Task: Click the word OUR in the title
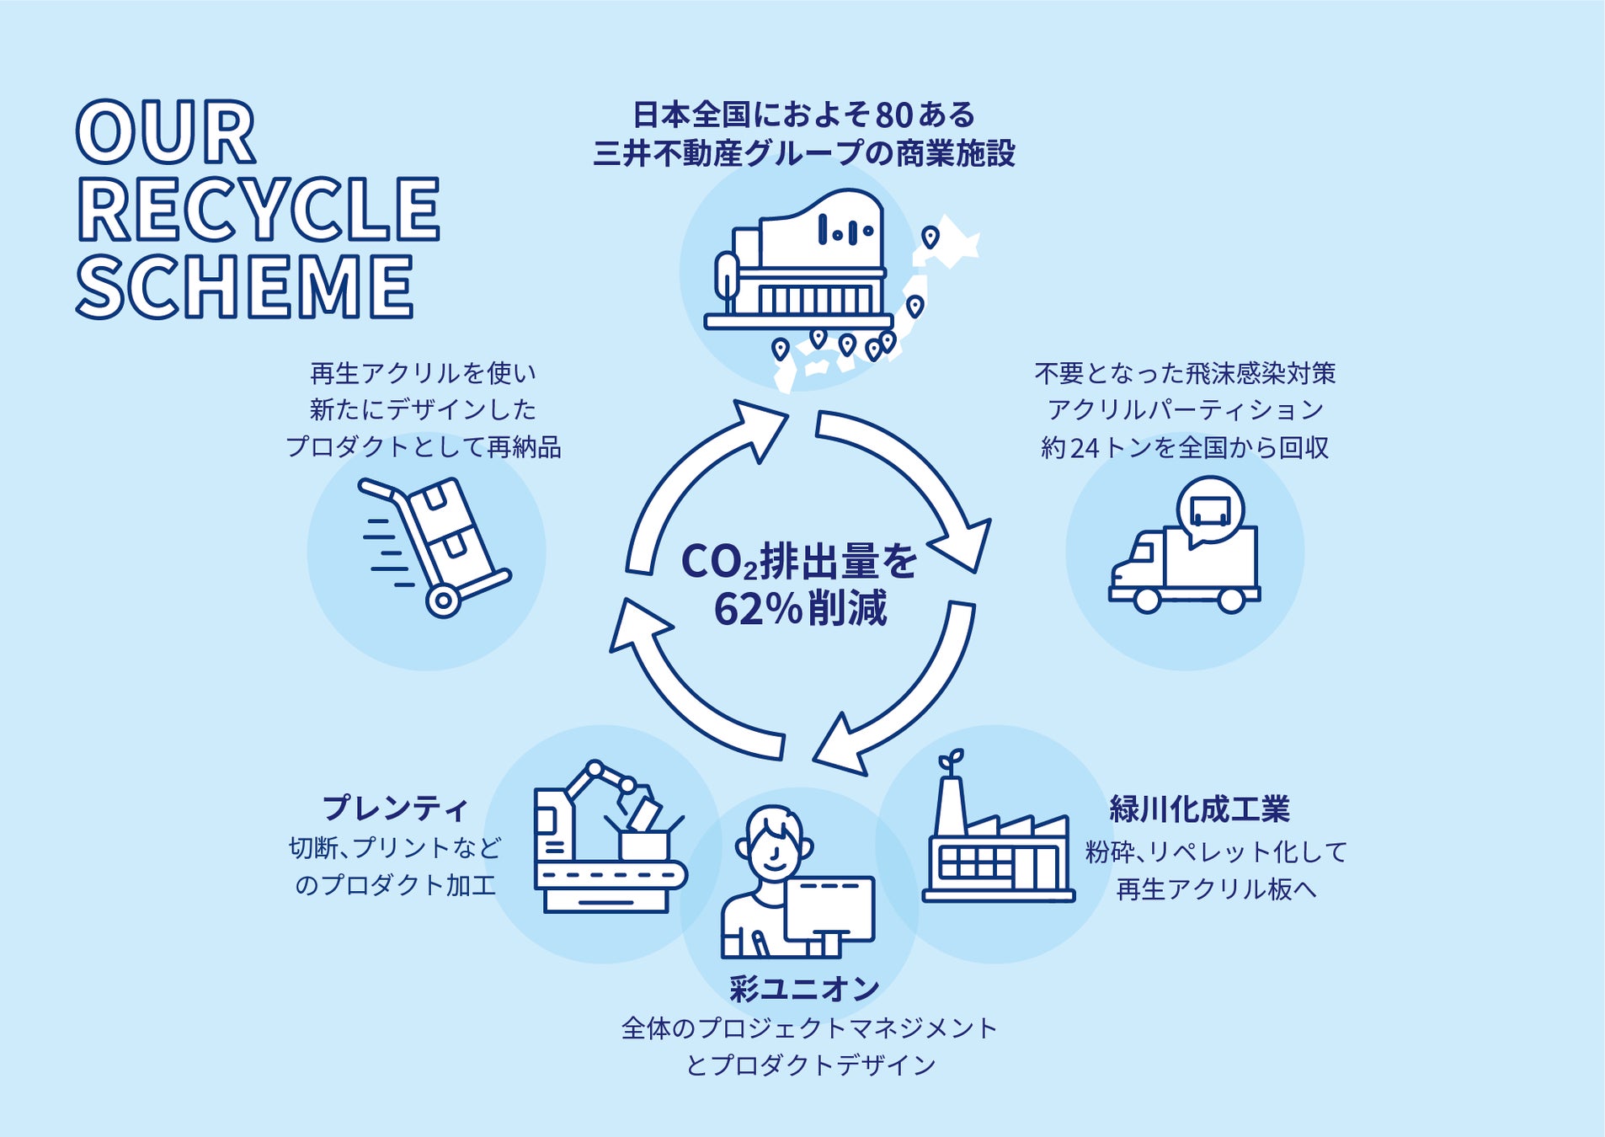[x=166, y=133]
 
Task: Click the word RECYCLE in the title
[x=259, y=210]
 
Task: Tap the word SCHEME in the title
[x=245, y=286]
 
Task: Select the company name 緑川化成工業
[x=1199, y=809]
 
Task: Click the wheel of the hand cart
[x=443, y=601]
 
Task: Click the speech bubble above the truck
[x=1211, y=510]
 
